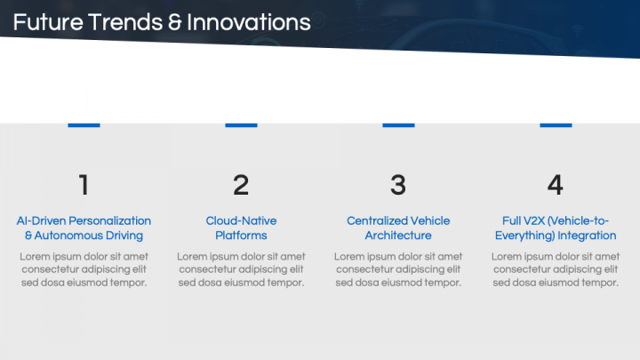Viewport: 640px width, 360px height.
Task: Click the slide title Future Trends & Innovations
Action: pos(162,22)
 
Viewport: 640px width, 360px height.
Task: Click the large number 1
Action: pos(84,185)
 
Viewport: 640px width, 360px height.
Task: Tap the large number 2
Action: pos(241,185)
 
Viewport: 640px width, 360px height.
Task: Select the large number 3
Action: pos(398,185)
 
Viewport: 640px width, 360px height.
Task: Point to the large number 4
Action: pos(556,185)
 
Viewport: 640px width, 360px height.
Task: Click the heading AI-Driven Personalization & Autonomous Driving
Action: pos(84,228)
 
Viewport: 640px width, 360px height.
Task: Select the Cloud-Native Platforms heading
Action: pos(241,228)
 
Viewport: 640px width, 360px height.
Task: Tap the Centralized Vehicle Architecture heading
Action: pos(398,228)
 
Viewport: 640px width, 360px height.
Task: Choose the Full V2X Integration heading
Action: pos(556,228)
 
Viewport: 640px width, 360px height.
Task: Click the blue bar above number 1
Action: pos(84,124)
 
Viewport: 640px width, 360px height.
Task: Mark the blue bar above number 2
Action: pos(241,124)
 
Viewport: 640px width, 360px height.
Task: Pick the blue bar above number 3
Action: pos(398,124)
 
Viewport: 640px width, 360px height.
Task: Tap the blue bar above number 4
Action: pos(556,124)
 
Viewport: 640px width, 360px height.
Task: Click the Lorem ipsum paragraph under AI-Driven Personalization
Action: pos(84,269)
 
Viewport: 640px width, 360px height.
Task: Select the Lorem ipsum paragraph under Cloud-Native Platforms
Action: pos(241,269)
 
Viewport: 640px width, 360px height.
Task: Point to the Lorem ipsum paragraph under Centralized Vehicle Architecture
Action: pos(398,269)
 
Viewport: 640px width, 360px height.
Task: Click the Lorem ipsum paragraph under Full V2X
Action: pos(556,269)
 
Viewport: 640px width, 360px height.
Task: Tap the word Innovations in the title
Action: pos(248,22)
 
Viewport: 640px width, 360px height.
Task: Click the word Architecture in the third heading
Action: pos(398,236)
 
